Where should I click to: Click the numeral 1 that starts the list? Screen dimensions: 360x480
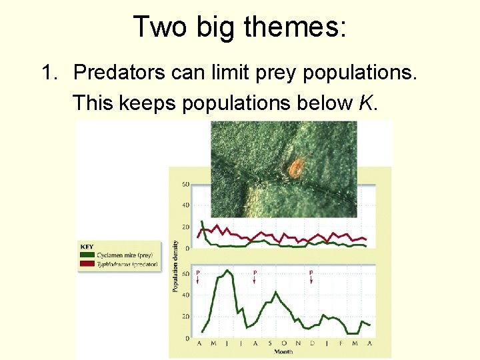47,72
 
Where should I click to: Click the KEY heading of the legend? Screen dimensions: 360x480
87,247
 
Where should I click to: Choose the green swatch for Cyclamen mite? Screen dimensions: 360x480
87,255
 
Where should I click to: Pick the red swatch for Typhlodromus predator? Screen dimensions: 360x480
87,265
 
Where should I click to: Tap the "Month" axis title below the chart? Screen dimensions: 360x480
283,351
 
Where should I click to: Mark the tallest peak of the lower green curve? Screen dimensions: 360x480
227,271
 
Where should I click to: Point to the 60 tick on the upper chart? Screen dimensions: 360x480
185,184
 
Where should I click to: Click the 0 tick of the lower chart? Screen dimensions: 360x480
187,338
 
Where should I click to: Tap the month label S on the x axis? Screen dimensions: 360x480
269,343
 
